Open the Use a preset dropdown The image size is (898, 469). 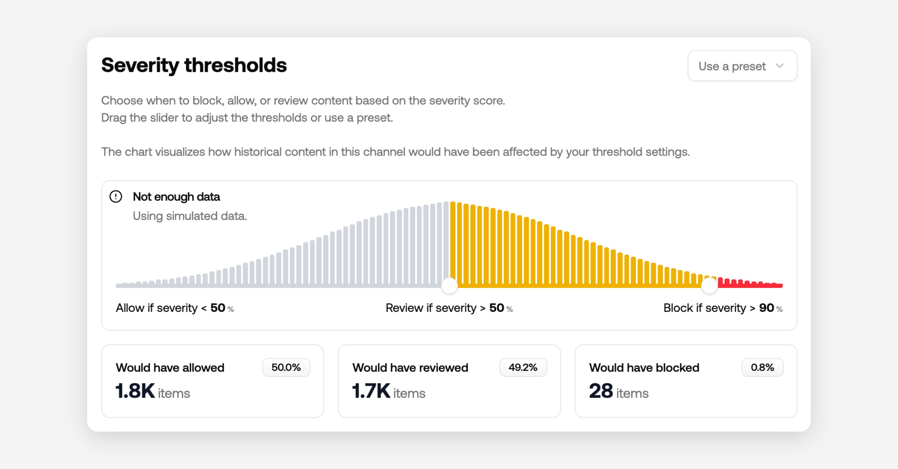(742, 66)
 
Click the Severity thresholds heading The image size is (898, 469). (194, 65)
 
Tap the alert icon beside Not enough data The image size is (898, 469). (116, 196)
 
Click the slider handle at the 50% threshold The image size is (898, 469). (449, 286)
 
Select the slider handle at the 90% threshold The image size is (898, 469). (709, 286)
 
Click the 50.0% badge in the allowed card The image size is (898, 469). (286, 367)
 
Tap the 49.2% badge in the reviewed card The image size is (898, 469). (523, 367)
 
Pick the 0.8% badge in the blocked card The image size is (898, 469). (762, 367)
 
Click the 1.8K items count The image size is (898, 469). (135, 391)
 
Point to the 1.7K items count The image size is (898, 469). (371, 391)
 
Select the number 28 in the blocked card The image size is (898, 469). (601, 391)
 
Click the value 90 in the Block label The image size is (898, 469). (766, 308)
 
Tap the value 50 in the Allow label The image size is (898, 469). (218, 308)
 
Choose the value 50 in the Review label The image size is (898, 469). (497, 308)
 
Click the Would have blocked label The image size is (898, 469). (644, 368)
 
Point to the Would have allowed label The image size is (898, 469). (170, 368)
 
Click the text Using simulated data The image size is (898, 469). (190, 216)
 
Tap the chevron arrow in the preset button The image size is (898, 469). (780, 66)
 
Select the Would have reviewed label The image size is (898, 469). (410, 368)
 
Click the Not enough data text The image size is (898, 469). (176, 197)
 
